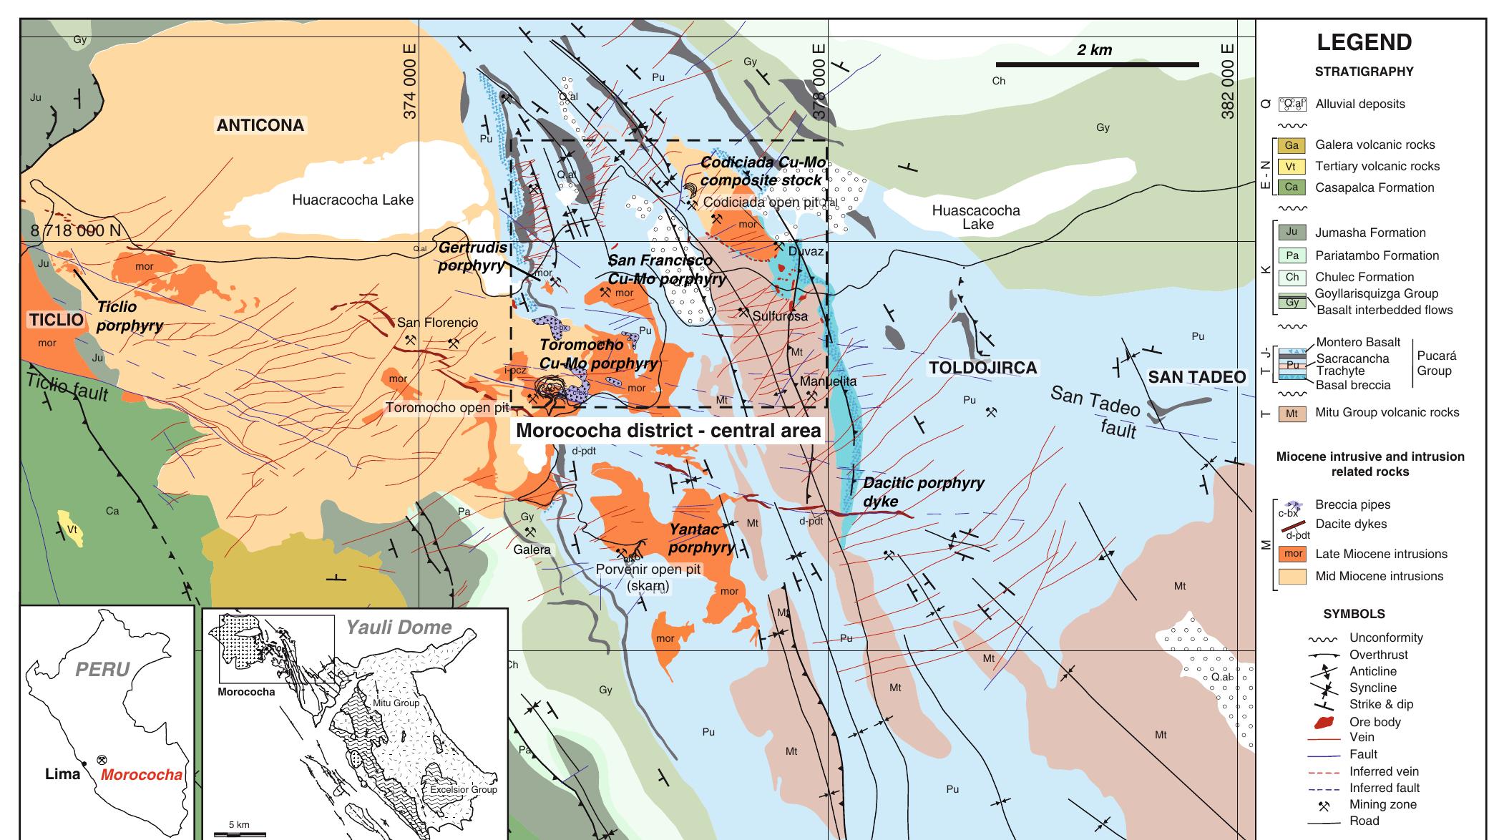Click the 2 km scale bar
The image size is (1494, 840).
coord(1097,64)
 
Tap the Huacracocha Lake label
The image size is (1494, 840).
coord(352,200)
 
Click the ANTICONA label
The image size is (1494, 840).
coord(260,125)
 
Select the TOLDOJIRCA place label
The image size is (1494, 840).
coord(982,368)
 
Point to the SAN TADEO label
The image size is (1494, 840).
coord(1196,377)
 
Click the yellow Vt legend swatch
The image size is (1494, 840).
coord(1292,166)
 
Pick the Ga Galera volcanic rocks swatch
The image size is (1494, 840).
coord(1292,145)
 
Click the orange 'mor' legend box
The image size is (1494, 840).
coord(1292,554)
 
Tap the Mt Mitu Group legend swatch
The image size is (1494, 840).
coord(1292,413)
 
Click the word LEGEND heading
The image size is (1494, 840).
coord(1364,42)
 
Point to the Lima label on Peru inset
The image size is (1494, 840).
coord(62,773)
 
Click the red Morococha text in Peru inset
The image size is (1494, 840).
coord(141,774)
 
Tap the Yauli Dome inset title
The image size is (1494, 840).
coord(399,627)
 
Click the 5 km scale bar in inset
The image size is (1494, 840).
coord(240,834)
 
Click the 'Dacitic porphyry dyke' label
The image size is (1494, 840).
coord(923,492)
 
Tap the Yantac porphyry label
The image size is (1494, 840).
coord(701,538)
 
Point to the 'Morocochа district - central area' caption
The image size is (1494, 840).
coord(668,431)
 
